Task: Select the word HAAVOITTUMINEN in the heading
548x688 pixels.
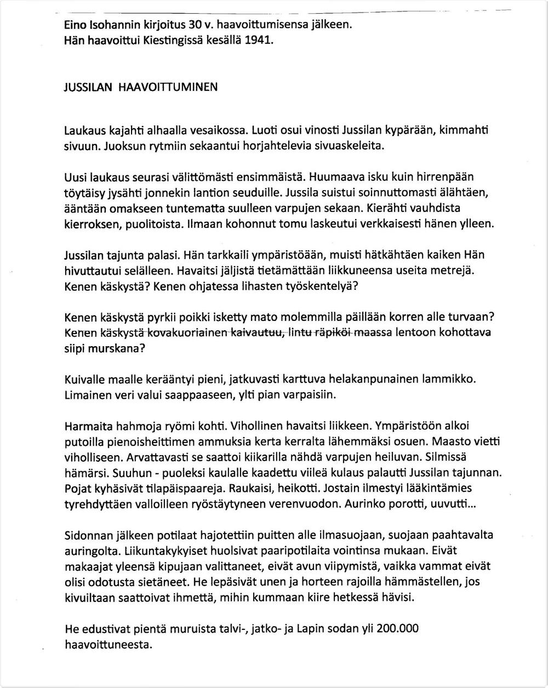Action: pos(168,87)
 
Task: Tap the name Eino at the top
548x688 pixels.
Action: pos(76,25)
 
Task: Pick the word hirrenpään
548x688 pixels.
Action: pos(445,177)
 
